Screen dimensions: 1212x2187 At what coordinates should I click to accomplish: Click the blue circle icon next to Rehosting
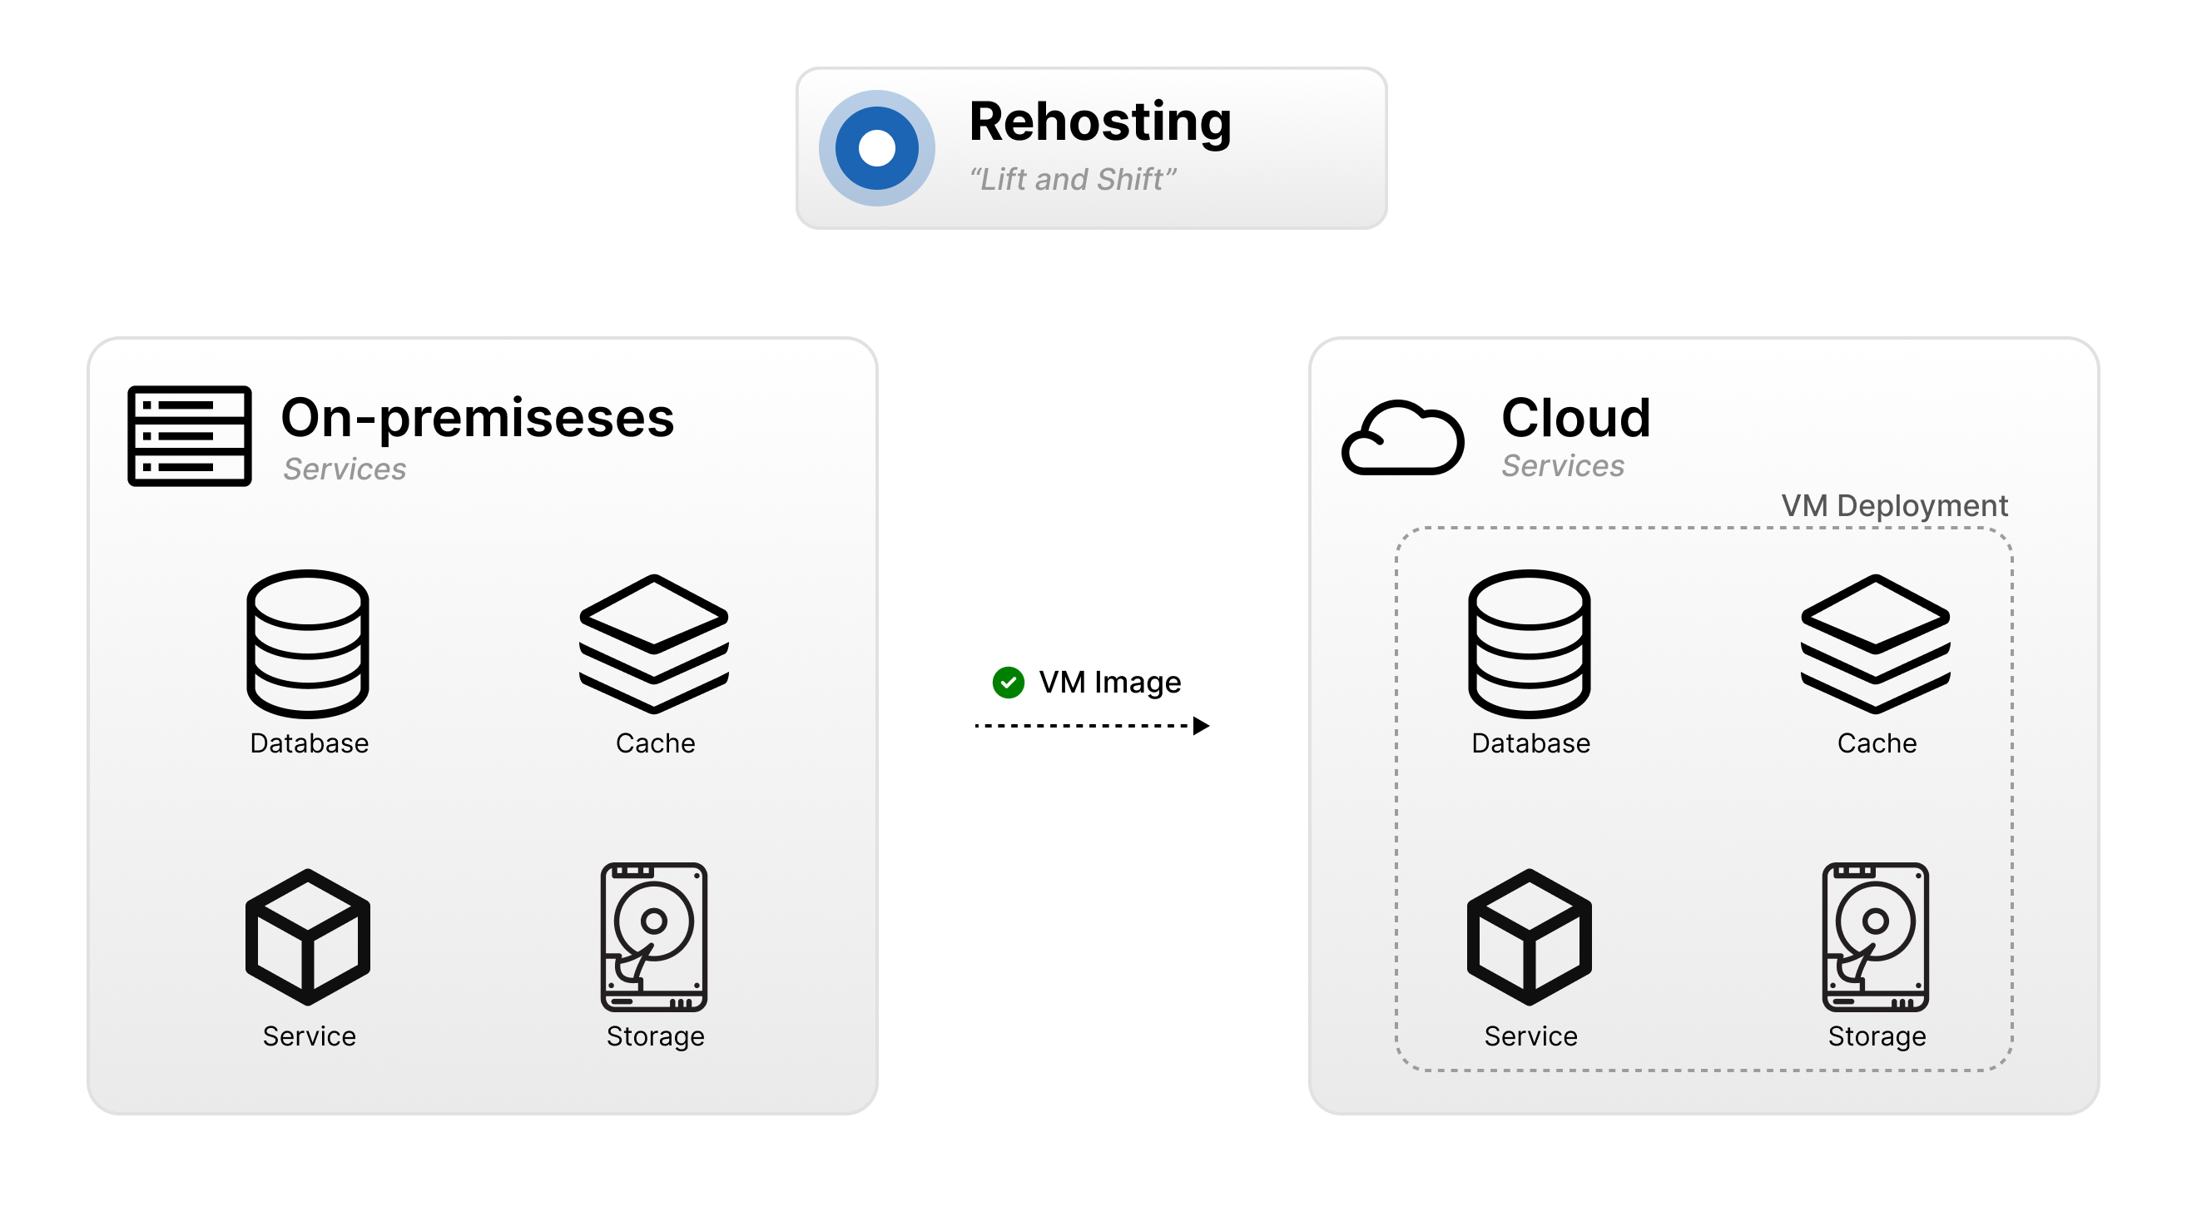[x=876, y=148]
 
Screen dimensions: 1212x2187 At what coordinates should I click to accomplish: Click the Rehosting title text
[x=1099, y=122]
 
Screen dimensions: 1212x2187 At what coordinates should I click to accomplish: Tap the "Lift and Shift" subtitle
[x=1071, y=179]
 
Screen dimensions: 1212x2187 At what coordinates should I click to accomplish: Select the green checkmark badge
[x=1008, y=682]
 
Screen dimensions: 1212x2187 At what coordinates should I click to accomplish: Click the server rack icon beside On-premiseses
[x=190, y=435]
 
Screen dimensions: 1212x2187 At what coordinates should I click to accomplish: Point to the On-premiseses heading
[x=477, y=418]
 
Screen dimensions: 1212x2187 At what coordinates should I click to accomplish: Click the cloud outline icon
[x=1401, y=437]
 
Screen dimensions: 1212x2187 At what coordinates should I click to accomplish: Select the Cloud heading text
[x=1575, y=418]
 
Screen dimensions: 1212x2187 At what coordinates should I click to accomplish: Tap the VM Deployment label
[x=1893, y=505]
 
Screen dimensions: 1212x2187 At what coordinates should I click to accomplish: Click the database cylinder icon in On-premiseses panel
[x=307, y=643]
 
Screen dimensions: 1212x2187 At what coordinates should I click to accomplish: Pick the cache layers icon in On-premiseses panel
[x=654, y=643]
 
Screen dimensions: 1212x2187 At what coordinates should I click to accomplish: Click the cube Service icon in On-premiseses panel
[x=307, y=936]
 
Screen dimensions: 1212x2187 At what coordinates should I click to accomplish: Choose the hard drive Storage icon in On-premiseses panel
[x=654, y=936]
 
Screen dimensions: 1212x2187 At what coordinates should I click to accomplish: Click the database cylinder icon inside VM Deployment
[x=1529, y=643]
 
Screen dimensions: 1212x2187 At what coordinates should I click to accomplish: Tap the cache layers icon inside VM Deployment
[x=1875, y=643]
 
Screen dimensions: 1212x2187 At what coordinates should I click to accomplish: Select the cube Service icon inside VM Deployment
[x=1529, y=936]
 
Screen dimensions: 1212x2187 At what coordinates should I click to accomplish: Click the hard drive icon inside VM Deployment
[x=1875, y=936]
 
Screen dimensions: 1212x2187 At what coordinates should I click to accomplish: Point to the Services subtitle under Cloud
[x=1562, y=465]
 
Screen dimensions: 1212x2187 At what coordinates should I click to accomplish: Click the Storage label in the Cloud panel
[x=1877, y=1036]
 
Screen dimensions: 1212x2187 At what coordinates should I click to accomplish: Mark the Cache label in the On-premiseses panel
[x=655, y=743]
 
